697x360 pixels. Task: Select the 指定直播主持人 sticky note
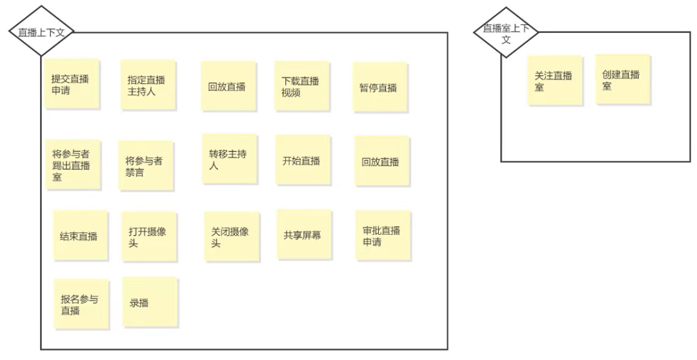148,85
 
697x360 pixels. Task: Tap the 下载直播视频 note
302,86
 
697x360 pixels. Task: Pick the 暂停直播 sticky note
379,87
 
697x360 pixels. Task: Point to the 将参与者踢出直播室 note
72,165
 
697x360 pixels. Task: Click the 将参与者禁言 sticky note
146,166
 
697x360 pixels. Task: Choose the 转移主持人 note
229,159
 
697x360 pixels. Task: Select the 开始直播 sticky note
302,161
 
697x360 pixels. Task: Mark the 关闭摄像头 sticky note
231,237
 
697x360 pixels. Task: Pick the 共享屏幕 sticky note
303,234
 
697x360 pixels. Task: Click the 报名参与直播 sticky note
80,303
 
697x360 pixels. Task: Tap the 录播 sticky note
149,302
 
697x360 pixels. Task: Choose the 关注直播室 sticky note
554,80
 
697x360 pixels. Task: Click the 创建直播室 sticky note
622,79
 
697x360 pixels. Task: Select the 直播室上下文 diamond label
505,31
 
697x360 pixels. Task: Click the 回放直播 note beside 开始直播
381,161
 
